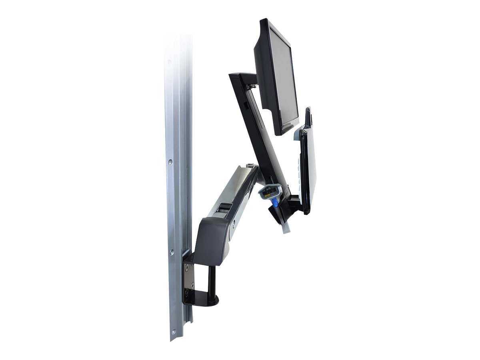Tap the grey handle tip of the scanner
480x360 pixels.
(286, 228)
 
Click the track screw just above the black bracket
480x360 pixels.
(172, 252)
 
